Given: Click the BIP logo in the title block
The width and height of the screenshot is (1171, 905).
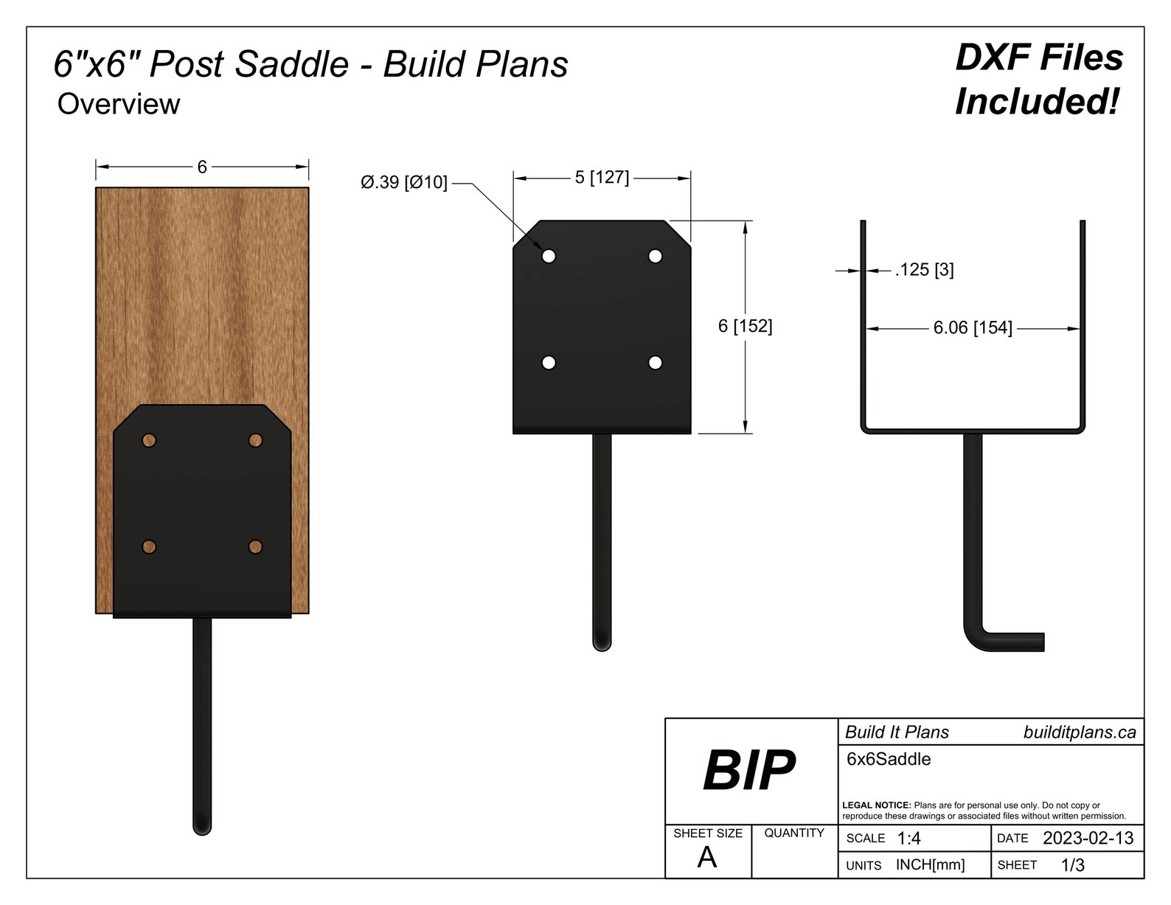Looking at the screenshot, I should click(749, 771).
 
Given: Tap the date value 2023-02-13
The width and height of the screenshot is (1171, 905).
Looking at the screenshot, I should click(1088, 838).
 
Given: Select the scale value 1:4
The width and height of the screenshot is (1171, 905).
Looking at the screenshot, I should click(908, 839).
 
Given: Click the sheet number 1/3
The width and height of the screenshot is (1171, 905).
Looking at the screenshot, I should click(1072, 865).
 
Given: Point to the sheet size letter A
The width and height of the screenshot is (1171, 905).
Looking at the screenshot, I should click(706, 858).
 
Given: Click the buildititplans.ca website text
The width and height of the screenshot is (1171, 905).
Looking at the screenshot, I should click(1080, 732).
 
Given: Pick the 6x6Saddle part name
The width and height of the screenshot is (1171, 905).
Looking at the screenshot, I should click(889, 759).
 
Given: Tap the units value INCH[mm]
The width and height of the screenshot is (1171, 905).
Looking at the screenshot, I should click(930, 865).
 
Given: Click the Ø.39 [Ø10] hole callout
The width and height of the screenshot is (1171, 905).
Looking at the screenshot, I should click(404, 182).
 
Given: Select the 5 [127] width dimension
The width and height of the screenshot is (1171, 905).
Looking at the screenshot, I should click(602, 178).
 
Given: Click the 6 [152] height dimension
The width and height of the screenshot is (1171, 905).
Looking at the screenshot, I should click(745, 326).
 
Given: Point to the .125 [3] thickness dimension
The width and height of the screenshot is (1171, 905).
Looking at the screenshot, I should click(924, 270).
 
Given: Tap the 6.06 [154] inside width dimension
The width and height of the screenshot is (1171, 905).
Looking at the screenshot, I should click(973, 327).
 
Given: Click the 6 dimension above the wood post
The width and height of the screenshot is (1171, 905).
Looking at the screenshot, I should click(202, 167).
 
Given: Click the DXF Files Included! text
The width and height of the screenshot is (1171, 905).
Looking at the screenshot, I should click(1038, 80).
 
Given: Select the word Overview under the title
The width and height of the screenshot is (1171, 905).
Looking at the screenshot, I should click(119, 105).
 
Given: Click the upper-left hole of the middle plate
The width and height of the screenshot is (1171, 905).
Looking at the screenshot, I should click(549, 257).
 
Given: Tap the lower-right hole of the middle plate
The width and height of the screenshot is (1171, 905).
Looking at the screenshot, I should click(655, 363).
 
